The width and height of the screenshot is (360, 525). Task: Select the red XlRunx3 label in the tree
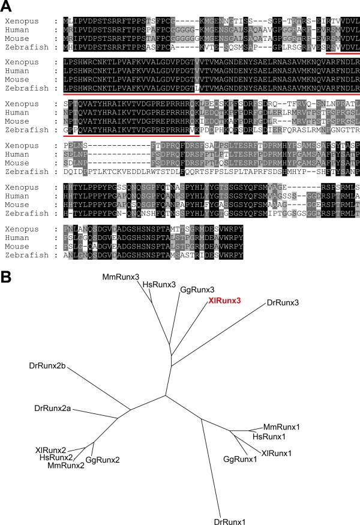[225, 301]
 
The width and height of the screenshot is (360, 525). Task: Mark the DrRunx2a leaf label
[53, 409]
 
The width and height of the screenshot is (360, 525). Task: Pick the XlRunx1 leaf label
[278, 452]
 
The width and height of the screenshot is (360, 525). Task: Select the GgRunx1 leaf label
[239, 459]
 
